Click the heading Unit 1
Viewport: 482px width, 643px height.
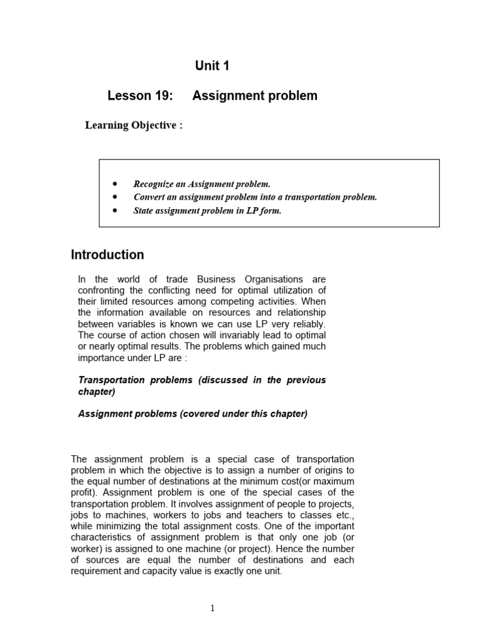(212, 66)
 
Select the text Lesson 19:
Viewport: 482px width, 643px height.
(139, 95)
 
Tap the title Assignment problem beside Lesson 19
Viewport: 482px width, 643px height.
(255, 95)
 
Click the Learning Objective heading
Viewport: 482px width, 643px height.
(134, 125)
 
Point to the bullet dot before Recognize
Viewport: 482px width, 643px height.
(115, 184)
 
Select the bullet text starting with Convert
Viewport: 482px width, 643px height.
(255, 197)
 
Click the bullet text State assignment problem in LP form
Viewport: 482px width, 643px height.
(207, 211)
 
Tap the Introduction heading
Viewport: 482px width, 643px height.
(107, 254)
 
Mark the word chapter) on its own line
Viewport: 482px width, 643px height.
(97, 392)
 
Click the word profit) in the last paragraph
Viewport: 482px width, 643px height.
(85, 492)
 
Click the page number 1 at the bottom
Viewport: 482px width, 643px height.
(213, 608)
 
